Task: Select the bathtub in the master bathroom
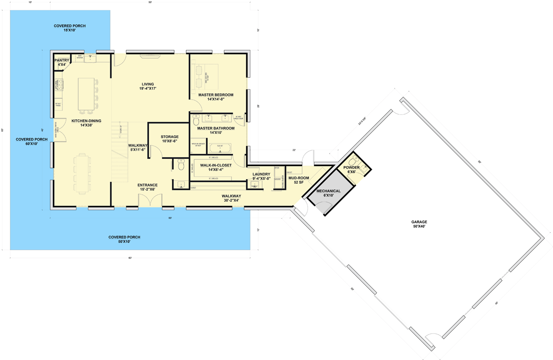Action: [220, 148]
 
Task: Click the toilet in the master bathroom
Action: [196, 120]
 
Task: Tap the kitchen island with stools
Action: [86, 94]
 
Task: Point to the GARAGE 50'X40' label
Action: [418, 224]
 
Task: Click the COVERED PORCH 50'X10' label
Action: [124, 239]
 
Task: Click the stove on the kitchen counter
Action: [59, 84]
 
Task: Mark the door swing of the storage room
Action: [154, 151]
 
